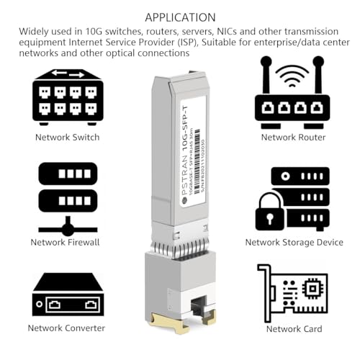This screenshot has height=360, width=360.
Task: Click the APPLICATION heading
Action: pyautogui.click(x=180, y=17)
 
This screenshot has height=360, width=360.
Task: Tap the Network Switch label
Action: pyautogui.click(x=67, y=137)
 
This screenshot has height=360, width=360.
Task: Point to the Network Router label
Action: pyautogui.click(x=293, y=137)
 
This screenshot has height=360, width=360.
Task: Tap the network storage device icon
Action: pyautogui.click(x=292, y=199)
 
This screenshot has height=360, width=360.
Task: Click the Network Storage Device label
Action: pyautogui.click(x=293, y=242)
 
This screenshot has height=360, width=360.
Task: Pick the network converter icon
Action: pyautogui.click(x=68, y=294)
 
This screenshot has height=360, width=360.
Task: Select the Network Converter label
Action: pyautogui.click(x=67, y=328)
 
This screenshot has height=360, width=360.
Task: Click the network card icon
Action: pyautogui.click(x=292, y=292)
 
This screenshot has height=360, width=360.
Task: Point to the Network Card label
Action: pyautogui.click(x=293, y=328)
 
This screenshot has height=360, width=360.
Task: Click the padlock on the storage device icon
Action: pyautogui.click(x=271, y=211)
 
